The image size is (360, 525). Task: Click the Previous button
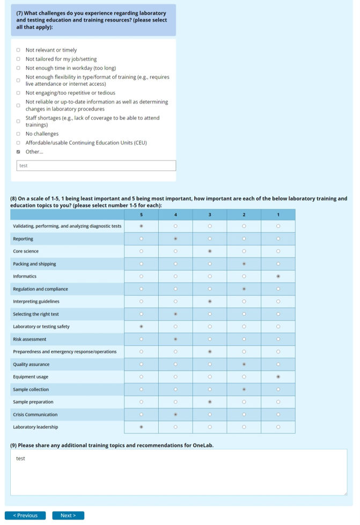pos(25,515)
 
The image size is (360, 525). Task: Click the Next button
pos(68,515)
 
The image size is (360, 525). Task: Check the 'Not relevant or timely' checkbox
pos(18,50)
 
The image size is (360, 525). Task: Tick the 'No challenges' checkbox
pos(18,134)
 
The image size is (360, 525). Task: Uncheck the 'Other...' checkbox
pos(18,152)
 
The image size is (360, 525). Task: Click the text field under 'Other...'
pos(96,166)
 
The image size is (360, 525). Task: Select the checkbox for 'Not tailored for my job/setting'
pos(18,59)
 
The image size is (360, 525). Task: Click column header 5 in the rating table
pos(141,215)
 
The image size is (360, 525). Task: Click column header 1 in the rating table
pos(278,215)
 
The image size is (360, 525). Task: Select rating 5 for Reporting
pos(141,239)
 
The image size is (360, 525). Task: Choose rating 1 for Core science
pos(278,251)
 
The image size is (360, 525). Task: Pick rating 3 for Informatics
pos(210,276)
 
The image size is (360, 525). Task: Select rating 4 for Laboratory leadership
pos(175,427)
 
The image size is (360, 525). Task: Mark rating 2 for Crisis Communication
pos(244,415)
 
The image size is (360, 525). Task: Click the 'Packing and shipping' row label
pos(34,264)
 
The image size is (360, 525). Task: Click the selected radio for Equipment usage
pos(278,377)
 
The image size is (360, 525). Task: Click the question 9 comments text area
pos(179,472)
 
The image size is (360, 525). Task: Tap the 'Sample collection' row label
pos(31,389)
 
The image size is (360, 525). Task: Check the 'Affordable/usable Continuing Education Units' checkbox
pos(18,143)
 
